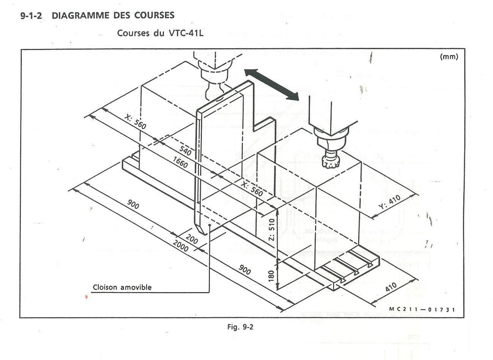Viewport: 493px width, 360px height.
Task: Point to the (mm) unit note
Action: coord(449,57)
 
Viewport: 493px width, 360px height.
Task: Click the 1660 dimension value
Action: coord(180,162)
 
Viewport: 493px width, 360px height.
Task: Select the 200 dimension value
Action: coord(192,240)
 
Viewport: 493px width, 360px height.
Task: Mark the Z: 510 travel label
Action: coord(271,229)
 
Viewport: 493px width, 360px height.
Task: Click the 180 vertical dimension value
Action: coord(271,275)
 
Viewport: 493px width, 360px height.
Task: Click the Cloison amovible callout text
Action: coord(122,287)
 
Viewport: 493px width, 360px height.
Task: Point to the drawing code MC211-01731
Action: coord(421,310)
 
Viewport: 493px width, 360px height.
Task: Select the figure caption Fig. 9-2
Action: coord(240,327)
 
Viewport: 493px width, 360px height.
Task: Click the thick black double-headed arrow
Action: coord(271,85)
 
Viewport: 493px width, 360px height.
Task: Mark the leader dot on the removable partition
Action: coord(209,225)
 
